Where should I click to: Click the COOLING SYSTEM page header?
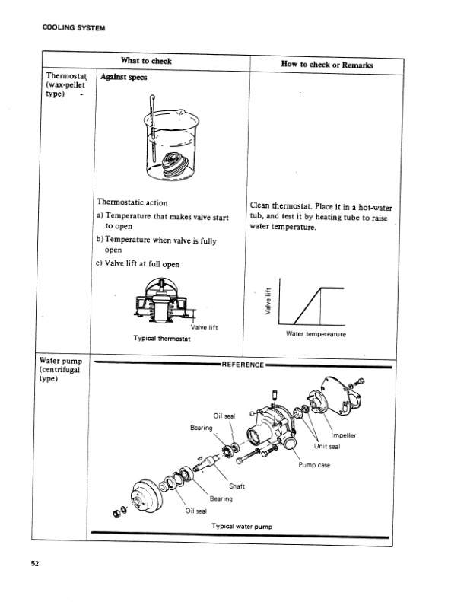tap(68, 29)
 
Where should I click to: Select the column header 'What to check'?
tap(146, 62)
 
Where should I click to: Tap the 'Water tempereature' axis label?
tap(316, 333)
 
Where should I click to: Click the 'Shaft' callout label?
tap(237, 487)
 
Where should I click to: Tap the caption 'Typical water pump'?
tap(241, 526)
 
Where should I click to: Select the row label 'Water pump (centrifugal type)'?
tap(63, 370)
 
